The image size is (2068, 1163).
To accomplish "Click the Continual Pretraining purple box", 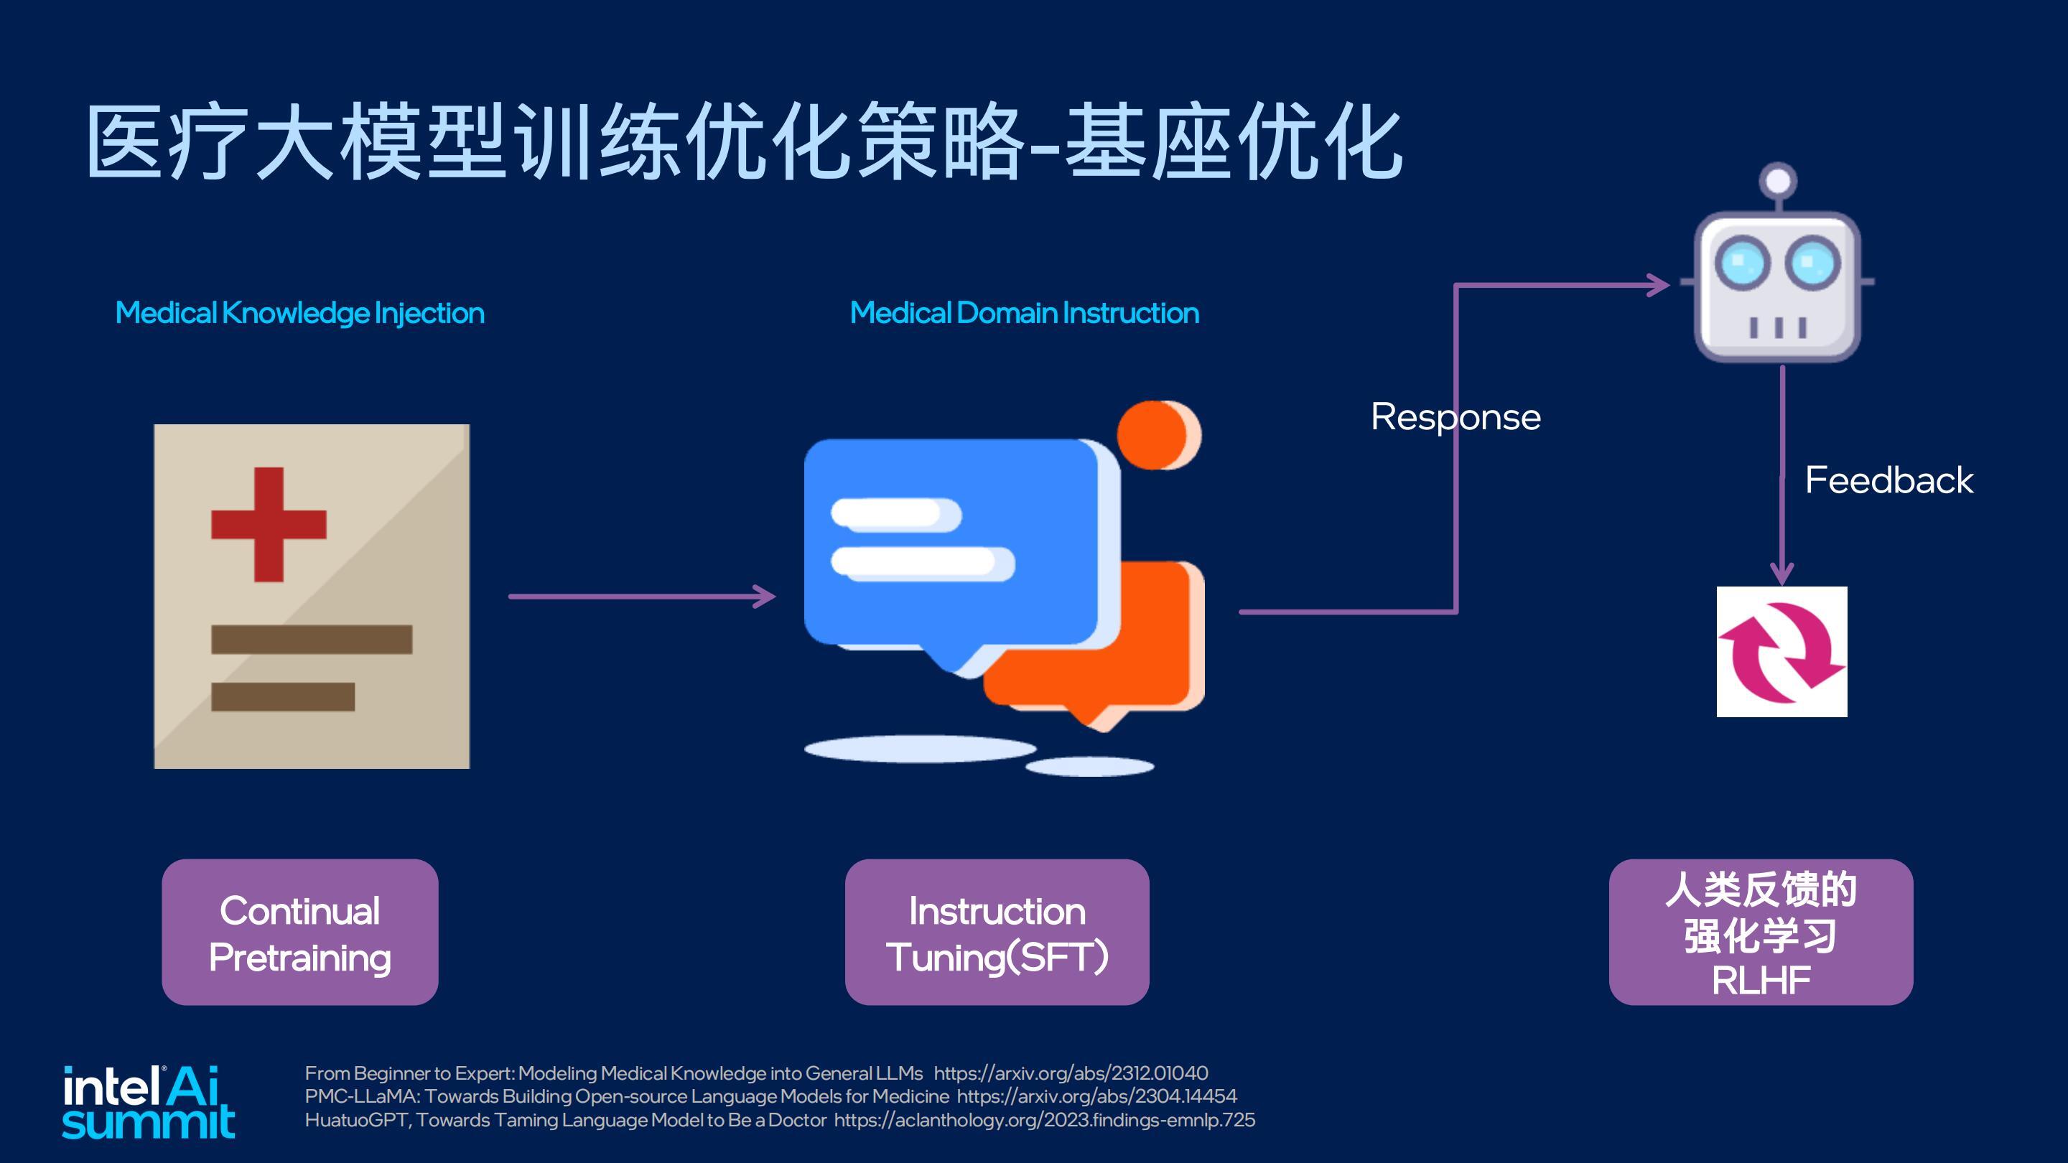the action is coord(299,932).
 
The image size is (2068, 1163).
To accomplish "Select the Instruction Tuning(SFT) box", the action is coord(997,932).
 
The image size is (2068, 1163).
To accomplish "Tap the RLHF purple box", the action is coord(1761,932).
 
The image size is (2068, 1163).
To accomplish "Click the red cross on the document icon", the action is coord(269,524).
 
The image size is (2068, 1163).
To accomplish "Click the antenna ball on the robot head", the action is coord(1778,181).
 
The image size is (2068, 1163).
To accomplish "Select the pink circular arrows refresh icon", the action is coord(1781,651).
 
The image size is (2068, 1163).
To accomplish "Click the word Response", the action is coord(1455,417).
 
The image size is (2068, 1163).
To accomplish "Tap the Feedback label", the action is coord(1889,480).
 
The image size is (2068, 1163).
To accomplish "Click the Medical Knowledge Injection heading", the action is coord(300,313).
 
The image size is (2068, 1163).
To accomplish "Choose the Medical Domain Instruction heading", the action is coord(1025,312).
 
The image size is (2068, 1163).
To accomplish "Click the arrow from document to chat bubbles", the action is coord(642,597).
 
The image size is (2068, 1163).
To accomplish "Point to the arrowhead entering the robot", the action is coord(1659,285).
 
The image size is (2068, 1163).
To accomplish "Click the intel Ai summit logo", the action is coord(149,1103).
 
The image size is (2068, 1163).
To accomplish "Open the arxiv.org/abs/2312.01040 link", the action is coord(1071,1073).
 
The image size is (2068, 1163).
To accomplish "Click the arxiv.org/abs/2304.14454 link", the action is coord(1096,1096).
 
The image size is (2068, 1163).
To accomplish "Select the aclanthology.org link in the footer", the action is coord(1045,1121).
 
